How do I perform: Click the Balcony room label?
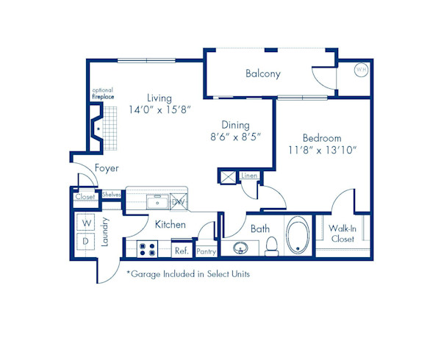click(263, 74)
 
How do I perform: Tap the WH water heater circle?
click(361, 70)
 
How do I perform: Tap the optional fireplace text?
click(102, 93)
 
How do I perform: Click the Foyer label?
click(107, 168)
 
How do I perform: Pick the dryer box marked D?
click(86, 241)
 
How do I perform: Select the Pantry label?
click(207, 251)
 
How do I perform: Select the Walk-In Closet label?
click(343, 234)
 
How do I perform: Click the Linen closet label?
click(249, 176)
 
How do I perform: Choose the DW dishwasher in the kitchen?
click(179, 201)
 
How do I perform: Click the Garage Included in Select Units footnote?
click(188, 274)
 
